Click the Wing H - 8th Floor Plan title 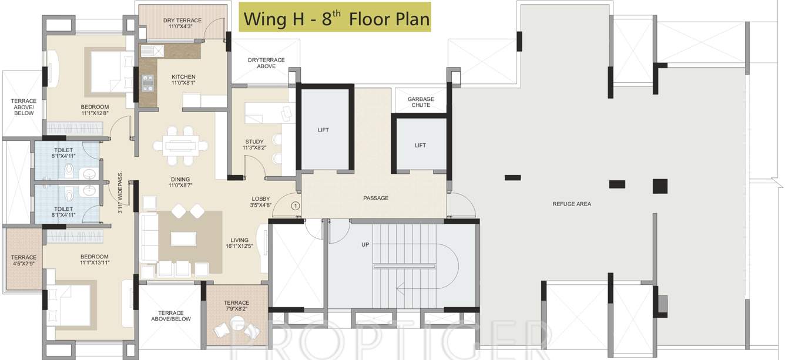point(336,18)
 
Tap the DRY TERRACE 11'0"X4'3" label point(182,23)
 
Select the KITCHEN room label point(183,80)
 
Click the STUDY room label point(254,145)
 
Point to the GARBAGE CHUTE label point(421,103)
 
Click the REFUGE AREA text point(572,204)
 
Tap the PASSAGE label point(375,198)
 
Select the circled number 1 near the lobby point(296,206)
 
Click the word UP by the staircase point(365,244)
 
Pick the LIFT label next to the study point(324,130)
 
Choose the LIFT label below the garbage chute point(420,145)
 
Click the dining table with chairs point(180,144)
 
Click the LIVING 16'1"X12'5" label point(240,243)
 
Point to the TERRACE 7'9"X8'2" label point(237,306)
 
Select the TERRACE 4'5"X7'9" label point(24,261)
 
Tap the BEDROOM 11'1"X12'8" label point(95,110)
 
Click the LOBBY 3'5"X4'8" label point(261,202)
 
